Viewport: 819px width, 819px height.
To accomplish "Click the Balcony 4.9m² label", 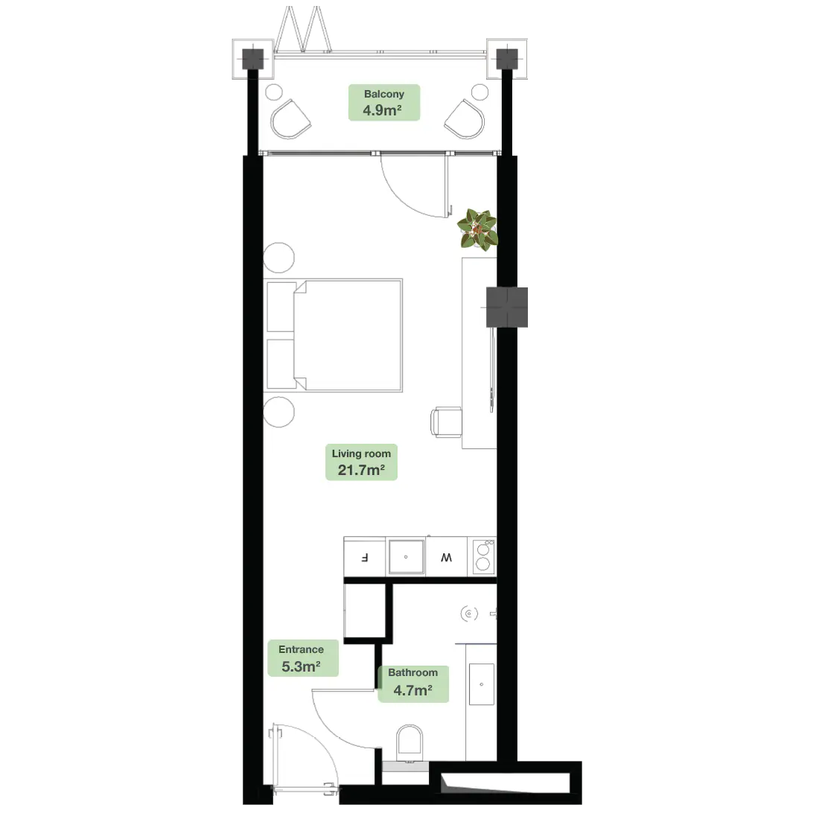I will (384, 103).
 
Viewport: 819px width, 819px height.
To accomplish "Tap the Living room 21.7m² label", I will (361, 462).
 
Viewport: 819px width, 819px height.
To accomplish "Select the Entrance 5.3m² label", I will (302, 658).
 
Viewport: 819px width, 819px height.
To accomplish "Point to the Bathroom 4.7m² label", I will (412, 682).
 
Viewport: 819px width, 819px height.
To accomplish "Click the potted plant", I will (477, 229).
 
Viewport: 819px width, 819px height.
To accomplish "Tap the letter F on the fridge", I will (364, 557).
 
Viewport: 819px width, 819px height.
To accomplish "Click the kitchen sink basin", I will (406, 557).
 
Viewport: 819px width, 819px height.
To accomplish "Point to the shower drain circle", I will (469, 614).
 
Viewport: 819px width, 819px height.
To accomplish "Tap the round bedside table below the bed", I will (279, 411).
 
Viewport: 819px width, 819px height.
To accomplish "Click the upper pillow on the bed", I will (281, 306).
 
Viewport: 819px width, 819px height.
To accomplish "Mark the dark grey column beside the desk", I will (508, 307).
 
